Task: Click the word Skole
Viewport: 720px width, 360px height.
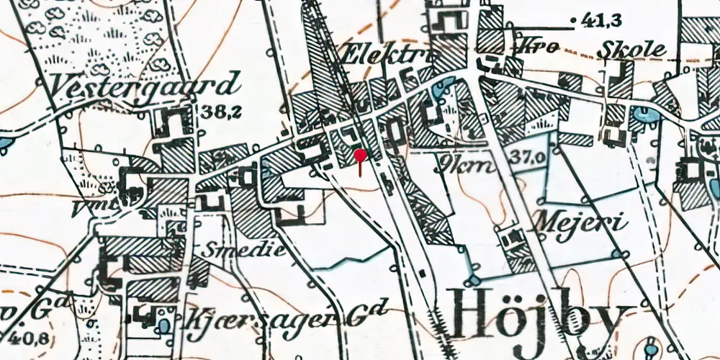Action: click(634, 49)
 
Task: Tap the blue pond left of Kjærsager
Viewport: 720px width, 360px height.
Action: click(165, 325)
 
